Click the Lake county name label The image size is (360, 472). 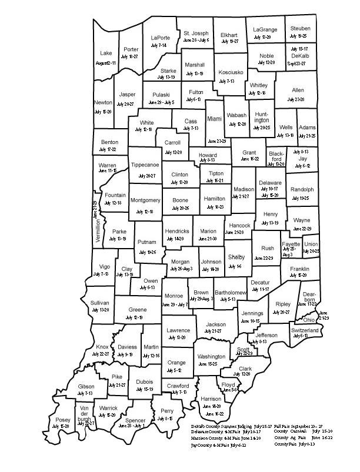[x=106, y=52]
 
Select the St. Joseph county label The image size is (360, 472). [x=196, y=32]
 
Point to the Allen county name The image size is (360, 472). [x=298, y=90]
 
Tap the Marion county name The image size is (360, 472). [x=208, y=231]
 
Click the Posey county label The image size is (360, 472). [x=62, y=420]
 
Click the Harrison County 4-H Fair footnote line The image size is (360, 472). [x=234, y=438]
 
